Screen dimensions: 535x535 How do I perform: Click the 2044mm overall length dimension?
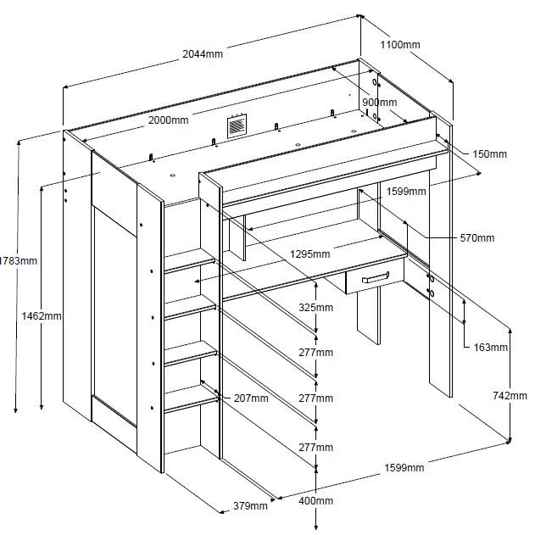coord(203,54)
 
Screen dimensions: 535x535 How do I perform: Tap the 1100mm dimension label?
coord(400,43)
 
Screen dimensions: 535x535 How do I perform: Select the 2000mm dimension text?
coord(168,120)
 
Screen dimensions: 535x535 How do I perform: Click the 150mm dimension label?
coord(489,154)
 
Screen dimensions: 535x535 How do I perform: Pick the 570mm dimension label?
coord(476,238)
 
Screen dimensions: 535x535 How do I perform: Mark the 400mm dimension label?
coord(316,501)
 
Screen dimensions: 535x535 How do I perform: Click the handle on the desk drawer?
coord(376,277)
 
